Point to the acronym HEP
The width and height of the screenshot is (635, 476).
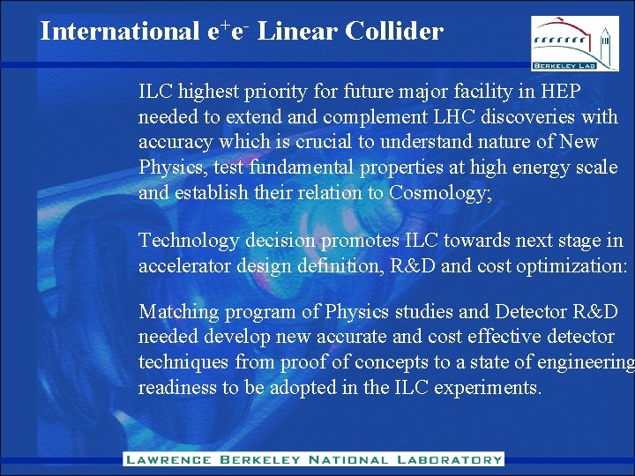coord(560,92)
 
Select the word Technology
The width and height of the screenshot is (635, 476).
coord(188,240)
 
